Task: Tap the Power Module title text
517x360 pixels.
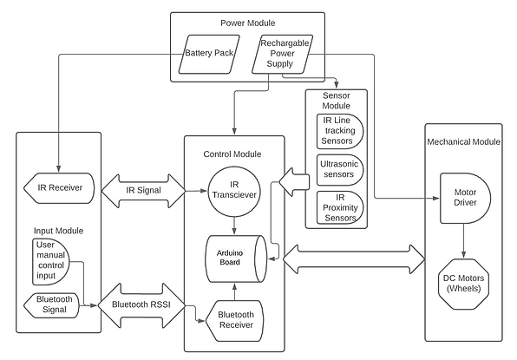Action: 246,23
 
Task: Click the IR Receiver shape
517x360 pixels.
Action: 56,187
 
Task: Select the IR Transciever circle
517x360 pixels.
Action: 233,190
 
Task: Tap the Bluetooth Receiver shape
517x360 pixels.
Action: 233,319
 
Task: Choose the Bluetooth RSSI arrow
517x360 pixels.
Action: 143,305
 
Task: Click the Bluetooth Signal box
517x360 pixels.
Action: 54,304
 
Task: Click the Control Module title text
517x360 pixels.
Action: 233,154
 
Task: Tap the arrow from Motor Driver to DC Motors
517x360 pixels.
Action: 467,239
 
